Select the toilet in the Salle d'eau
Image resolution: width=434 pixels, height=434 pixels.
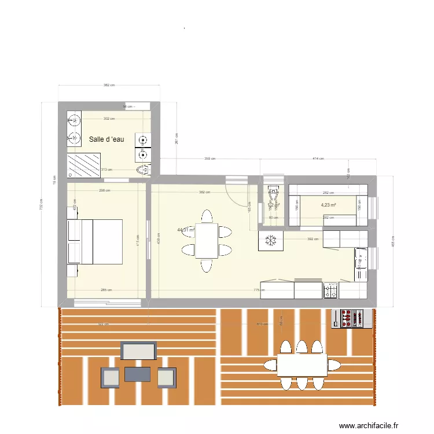[x=144, y=170]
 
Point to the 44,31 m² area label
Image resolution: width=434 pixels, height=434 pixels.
[x=186, y=230]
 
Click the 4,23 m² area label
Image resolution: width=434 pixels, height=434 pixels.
[x=329, y=204]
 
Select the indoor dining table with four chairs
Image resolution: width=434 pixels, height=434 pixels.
[x=207, y=241]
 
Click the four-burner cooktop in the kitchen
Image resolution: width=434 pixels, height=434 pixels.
[x=330, y=290]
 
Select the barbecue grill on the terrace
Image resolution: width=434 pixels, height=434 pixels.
[x=350, y=318]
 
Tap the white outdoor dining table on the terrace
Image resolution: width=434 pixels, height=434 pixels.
[x=301, y=365]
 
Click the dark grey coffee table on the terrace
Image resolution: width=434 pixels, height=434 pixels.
[x=137, y=374]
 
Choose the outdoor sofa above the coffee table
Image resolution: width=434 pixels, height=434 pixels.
[x=138, y=351]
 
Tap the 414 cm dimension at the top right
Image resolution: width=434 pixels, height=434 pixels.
[x=318, y=158]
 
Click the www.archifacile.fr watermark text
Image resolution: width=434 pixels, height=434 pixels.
[x=369, y=425]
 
